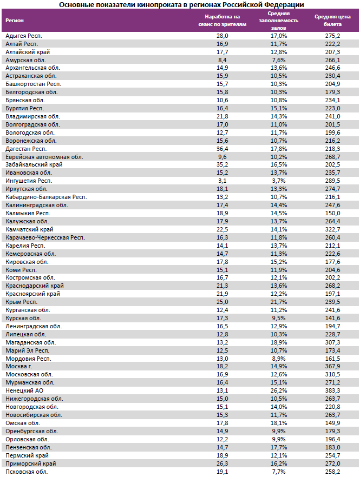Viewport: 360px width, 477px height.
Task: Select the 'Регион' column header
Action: [14, 21]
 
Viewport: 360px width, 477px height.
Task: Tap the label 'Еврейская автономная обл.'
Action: [44, 157]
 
